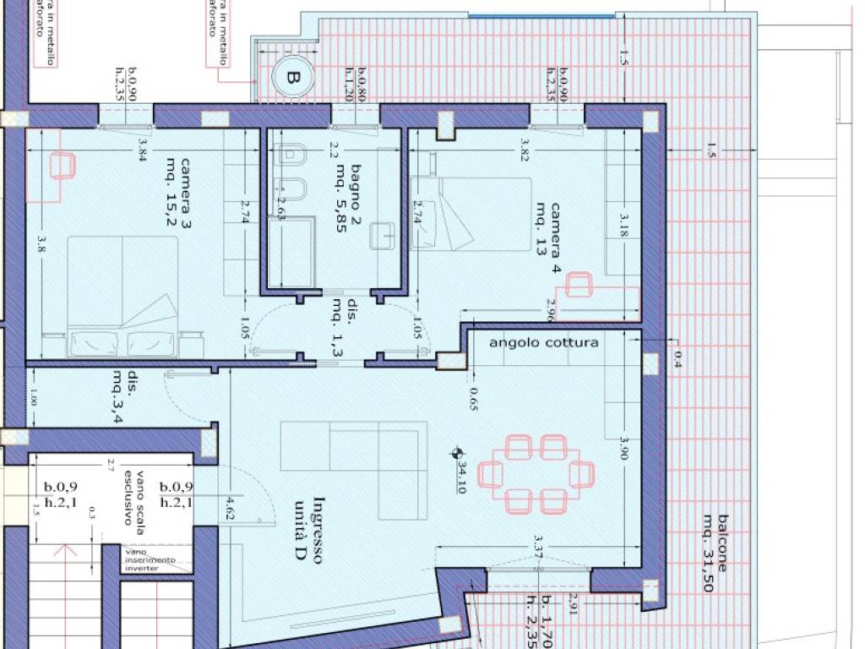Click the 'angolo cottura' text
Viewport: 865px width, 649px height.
(543, 342)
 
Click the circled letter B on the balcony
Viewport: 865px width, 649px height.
(292, 78)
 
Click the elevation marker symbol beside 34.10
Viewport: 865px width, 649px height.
(457, 453)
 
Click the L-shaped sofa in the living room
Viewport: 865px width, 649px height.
(355, 470)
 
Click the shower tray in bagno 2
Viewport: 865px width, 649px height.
(290, 250)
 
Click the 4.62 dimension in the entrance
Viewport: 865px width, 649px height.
(230, 507)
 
